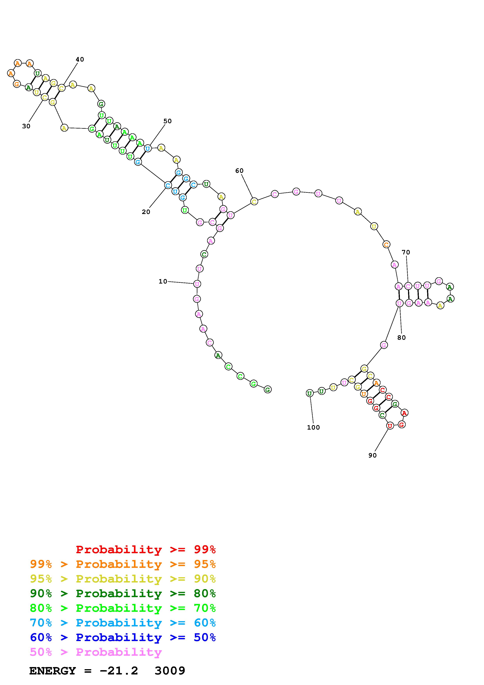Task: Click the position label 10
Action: click(163, 281)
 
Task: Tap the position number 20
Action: click(146, 212)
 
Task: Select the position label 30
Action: click(26, 126)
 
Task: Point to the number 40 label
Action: click(80, 59)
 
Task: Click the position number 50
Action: click(167, 121)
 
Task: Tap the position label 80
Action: click(401, 337)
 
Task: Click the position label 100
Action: click(313, 427)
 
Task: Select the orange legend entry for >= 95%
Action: click(123, 564)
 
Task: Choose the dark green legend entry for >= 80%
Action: click(123, 593)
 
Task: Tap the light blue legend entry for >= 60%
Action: click(123, 623)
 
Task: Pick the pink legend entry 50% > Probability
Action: click(95, 652)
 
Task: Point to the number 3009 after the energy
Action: click(170, 671)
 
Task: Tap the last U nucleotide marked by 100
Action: click(309, 393)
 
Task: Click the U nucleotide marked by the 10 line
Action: click(197, 284)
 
